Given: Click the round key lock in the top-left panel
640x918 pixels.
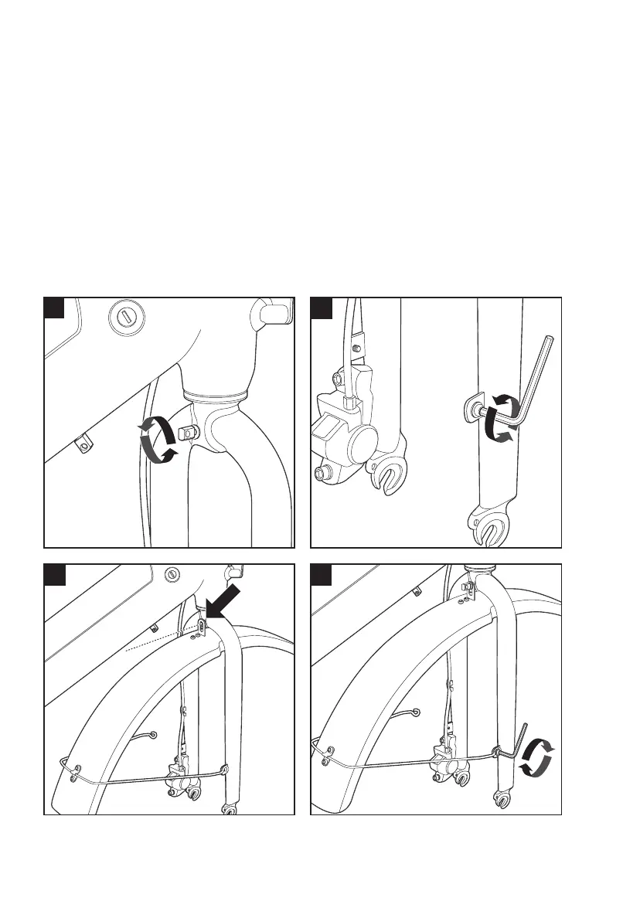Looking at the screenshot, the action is point(125,318).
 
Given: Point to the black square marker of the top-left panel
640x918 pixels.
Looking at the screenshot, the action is point(53,308).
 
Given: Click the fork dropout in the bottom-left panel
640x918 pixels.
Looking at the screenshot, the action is point(229,809).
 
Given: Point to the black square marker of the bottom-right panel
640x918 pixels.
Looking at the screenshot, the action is point(319,574).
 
